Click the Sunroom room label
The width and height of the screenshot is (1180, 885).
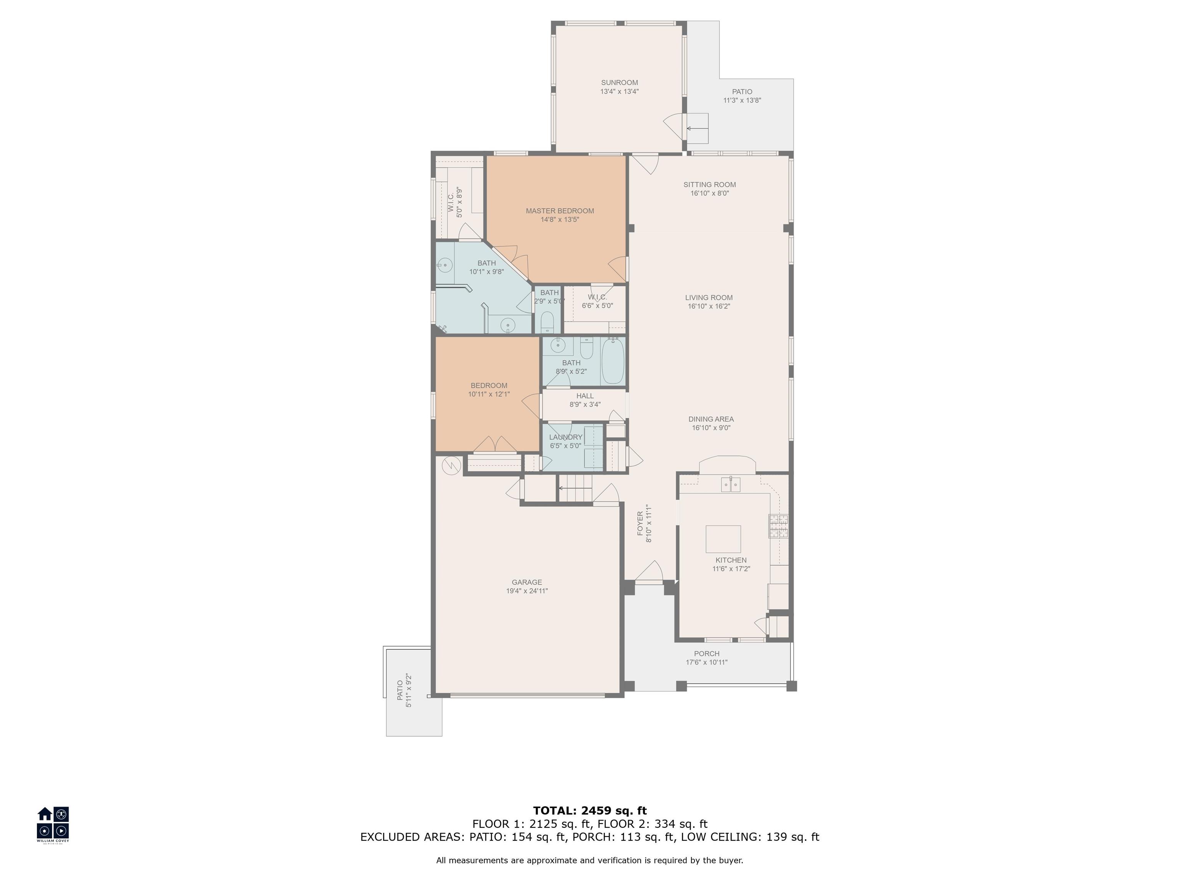click(x=619, y=83)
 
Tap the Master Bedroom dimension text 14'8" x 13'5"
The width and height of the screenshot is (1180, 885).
click(x=560, y=219)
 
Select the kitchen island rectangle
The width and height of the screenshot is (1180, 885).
click(x=723, y=539)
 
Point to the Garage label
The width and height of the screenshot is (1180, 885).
click(x=527, y=583)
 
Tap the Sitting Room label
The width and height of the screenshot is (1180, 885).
click(x=709, y=185)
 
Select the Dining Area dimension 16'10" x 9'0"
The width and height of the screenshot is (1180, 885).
click(x=711, y=428)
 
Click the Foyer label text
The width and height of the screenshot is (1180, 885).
click(x=640, y=524)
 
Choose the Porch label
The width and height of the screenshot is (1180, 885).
click(x=707, y=653)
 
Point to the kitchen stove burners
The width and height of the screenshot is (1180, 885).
click(x=778, y=525)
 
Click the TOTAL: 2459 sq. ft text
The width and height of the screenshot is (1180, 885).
click(x=590, y=811)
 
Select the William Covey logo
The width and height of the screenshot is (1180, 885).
click(x=53, y=824)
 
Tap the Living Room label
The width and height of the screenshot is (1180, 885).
click(x=709, y=298)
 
